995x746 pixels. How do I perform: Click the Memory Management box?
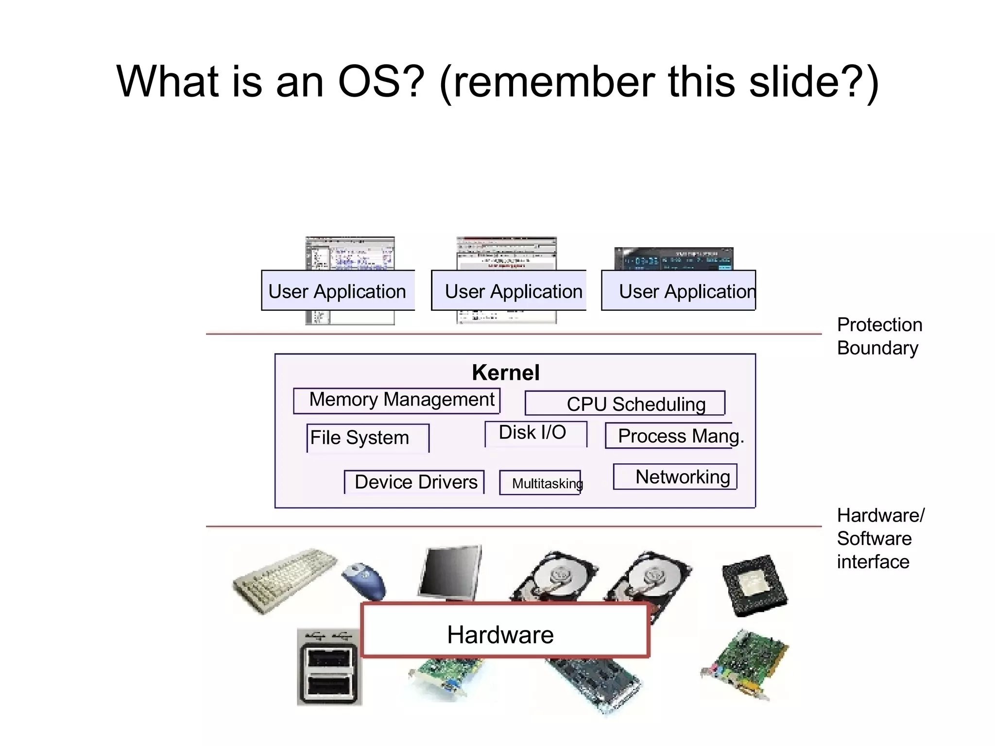pos(396,401)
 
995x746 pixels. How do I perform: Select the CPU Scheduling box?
pos(625,404)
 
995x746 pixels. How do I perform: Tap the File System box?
pos(368,438)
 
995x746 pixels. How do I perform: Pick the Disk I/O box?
pos(535,433)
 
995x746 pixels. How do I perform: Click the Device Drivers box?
pos(414,482)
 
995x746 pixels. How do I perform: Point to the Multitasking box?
pos(540,483)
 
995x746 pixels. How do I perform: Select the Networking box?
pos(675,477)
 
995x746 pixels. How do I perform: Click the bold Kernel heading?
pos(506,373)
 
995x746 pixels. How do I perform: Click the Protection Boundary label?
pos(879,336)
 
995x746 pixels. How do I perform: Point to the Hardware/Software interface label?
pos(880,538)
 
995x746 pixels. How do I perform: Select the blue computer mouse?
pos(364,580)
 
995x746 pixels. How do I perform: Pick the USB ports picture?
pos(329,668)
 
